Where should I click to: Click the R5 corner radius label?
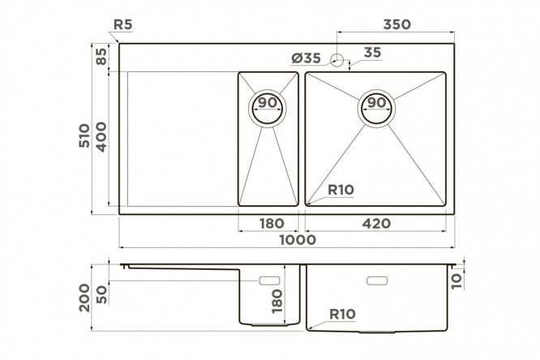[123, 24]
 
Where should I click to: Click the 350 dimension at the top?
[397, 24]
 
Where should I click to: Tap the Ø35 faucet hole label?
[306, 58]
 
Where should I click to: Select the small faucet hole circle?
[337, 60]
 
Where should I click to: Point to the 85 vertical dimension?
[101, 57]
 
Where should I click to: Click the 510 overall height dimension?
[84, 135]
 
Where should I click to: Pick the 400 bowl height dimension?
[101, 137]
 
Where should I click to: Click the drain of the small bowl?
[268, 109]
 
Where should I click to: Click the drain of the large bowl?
[376, 109]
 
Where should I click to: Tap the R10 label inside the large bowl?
[341, 190]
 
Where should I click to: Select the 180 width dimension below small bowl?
[272, 224]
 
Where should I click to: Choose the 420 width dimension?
[376, 224]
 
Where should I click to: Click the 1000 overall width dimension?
[298, 240]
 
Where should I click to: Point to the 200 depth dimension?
[84, 298]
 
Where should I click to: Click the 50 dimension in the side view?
[101, 295]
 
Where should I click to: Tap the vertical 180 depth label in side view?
[276, 301]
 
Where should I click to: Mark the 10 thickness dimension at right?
[456, 281]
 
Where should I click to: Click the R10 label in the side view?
[342, 314]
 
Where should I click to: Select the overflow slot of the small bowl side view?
[269, 281]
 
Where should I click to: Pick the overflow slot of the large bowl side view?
[377, 281]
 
